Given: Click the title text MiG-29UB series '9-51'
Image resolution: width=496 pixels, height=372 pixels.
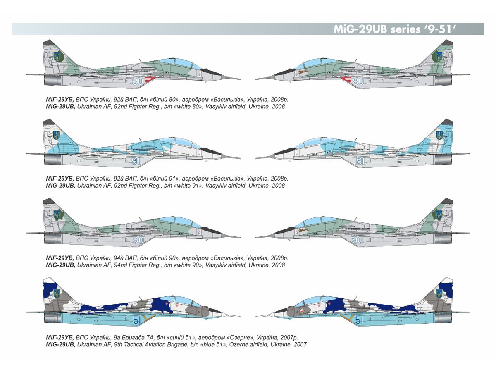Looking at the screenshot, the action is point(393,29).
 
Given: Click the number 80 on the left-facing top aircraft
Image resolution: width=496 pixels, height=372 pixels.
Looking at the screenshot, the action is point(137,81).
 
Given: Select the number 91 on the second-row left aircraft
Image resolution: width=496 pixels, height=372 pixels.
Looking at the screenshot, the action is point(136,161).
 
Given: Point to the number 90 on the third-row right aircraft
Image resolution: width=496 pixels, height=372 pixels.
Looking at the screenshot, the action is point(358,240).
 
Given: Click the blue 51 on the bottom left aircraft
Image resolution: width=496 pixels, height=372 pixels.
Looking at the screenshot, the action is point(137,320).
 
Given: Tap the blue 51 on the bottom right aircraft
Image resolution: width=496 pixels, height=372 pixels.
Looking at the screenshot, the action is point(359,320).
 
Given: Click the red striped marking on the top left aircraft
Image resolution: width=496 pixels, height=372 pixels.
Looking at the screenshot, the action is point(150,80).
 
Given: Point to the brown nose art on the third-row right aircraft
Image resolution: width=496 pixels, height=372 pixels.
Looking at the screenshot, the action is point(300,231).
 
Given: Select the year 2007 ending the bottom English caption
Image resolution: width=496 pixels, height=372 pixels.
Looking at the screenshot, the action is point(300,344).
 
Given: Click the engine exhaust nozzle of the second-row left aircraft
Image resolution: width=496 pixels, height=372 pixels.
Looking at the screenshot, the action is point(53,160).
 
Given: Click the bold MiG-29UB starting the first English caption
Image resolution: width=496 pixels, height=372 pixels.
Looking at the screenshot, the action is point(60,107).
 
